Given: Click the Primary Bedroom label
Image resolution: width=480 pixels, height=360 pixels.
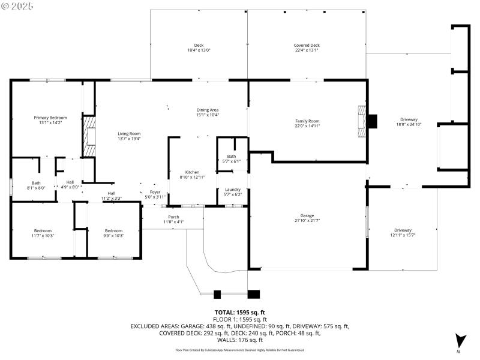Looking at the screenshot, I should tap(50, 118).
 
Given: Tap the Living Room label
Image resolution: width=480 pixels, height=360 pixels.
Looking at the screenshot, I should tap(128, 134).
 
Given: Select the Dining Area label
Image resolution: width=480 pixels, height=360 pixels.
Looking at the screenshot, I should tap(208, 110).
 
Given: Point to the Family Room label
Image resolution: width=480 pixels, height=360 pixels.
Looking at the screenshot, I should tap(307, 121).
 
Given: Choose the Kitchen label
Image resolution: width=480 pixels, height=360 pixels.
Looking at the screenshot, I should tap(192, 172).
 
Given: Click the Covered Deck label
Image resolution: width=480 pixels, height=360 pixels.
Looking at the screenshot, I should tap(306, 46).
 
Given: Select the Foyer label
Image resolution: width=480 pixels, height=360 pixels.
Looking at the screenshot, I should tap(155, 192).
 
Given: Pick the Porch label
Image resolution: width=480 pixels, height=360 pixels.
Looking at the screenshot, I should tap(173, 217).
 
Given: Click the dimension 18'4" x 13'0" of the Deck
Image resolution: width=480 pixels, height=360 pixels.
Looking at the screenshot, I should tap(198, 50).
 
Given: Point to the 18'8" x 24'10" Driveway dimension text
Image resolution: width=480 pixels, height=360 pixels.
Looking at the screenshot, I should tap(409, 125).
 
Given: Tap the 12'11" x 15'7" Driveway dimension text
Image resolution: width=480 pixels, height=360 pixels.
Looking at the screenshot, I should tap(403, 235).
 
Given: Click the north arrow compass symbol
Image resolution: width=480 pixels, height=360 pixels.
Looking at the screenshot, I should tap(460, 341).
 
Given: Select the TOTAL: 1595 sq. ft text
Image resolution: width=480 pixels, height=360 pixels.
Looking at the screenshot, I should tap(239, 312).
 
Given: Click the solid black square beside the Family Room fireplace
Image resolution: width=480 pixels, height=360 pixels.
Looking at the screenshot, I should tap(373, 122).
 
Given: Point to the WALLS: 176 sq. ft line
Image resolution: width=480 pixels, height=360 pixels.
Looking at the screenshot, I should tap(239, 340).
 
